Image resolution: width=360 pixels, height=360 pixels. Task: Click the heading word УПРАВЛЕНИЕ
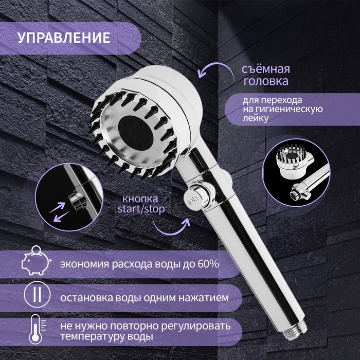(x=64, y=38)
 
